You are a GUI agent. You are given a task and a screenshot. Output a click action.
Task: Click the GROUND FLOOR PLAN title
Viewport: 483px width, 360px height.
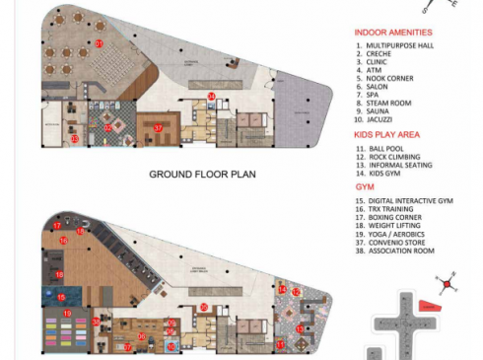[x=202, y=175]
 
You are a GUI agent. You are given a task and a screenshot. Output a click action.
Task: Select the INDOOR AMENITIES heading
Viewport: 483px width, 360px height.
[x=393, y=33]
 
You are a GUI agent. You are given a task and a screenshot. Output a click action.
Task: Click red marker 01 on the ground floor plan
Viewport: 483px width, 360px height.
[x=99, y=44]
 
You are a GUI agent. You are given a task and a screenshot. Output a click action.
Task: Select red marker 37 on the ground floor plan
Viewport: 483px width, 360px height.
[x=158, y=127]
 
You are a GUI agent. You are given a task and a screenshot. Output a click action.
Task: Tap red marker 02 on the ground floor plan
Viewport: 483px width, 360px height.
[x=108, y=127]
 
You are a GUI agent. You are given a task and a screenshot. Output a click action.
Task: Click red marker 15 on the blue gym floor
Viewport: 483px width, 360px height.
[x=61, y=297]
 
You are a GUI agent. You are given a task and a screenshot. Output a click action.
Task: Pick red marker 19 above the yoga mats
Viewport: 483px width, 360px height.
[x=67, y=313]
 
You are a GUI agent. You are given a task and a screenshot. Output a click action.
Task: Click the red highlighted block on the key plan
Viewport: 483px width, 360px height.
[x=427, y=307]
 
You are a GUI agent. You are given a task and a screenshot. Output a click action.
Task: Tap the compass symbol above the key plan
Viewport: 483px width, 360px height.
[x=448, y=284]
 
